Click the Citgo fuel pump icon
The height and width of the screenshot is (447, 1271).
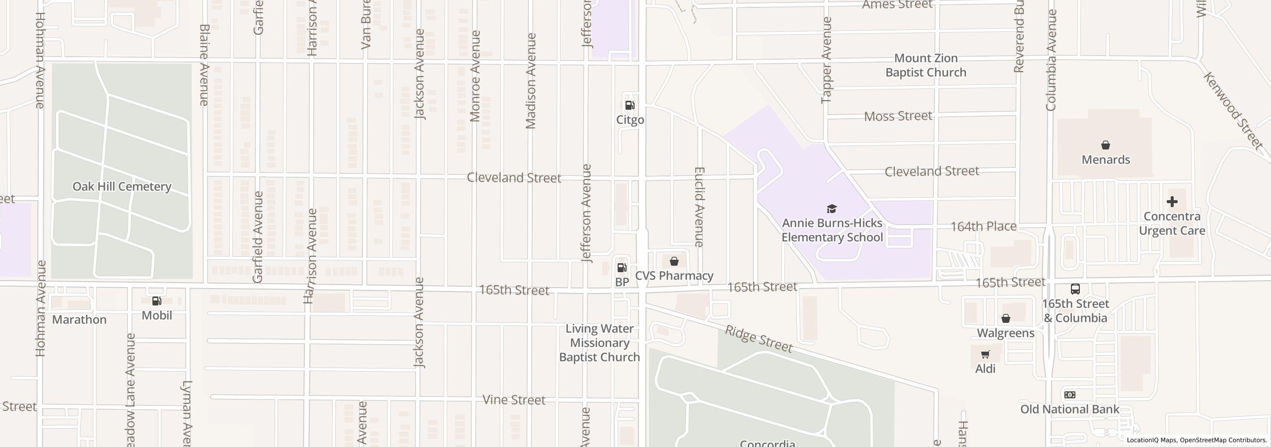coord(630,105)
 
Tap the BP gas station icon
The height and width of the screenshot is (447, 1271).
coord(621,268)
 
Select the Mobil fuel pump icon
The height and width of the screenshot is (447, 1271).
coord(156,301)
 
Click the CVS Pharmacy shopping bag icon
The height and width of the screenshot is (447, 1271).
coord(674,261)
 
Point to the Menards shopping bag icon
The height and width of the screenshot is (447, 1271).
coord(1106,146)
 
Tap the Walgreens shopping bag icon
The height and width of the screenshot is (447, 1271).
coord(1005,318)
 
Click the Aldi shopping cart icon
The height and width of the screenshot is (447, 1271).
coord(985,355)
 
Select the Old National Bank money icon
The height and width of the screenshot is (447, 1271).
coord(1070,395)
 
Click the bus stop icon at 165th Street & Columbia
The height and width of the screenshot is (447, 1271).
coord(1075,289)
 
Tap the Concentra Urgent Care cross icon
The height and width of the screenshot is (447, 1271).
coord(1172,202)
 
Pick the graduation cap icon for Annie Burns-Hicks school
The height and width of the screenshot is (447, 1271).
coord(832,209)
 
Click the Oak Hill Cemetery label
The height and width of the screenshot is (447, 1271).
coord(122,187)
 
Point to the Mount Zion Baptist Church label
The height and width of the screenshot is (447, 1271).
coord(925,66)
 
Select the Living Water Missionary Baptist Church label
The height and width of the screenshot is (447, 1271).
coord(599,343)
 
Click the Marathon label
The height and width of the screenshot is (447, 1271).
coord(79,319)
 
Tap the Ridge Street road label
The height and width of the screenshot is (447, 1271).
coord(758,339)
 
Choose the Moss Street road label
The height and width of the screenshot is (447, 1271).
coord(898,116)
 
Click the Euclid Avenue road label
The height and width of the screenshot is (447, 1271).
coord(699,207)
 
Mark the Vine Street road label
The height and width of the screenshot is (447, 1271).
coord(514,400)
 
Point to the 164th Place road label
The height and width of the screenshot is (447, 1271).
coord(983,226)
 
